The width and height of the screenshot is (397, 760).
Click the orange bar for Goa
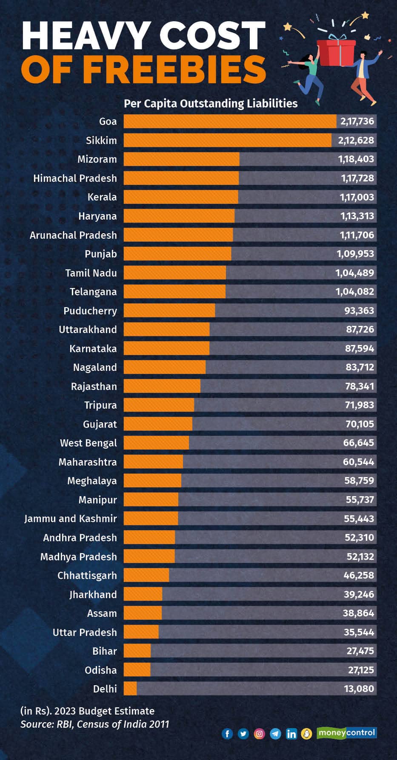pyautogui.click(x=230, y=121)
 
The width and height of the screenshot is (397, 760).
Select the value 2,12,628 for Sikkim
pyautogui.click(x=356, y=140)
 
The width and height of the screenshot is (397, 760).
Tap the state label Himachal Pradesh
pyautogui.click(x=75, y=178)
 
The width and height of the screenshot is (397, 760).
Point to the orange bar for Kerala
pyautogui.click(x=181, y=197)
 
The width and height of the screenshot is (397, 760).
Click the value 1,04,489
pyautogui.click(x=354, y=273)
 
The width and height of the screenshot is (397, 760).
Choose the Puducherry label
pyautogui.click(x=90, y=311)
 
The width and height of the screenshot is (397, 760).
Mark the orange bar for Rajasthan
pyautogui.click(x=162, y=386)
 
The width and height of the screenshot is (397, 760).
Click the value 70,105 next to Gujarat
pyautogui.click(x=359, y=424)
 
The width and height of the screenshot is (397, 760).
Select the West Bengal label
pyautogui.click(x=88, y=443)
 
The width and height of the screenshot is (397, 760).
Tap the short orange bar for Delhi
pyautogui.click(x=130, y=689)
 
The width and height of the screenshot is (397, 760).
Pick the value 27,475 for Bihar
pyautogui.click(x=360, y=651)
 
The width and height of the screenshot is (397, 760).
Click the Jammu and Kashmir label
pyautogui.click(x=70, y=519)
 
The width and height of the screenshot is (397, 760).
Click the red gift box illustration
pyautogui.click(x=336, y=52)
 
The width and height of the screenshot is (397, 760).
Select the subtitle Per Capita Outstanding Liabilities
pyautogui.click(x=210, y=104)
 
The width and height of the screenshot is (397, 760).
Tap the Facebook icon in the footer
pyautogui.click(x=227, y=734)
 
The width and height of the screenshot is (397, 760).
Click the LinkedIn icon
pyautogui.click(x=291, y=734)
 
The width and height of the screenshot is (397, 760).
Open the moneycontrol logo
pyautogui.click(x=346, y=733)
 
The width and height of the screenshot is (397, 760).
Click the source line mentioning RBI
pyautogui.click(x=94, y=724)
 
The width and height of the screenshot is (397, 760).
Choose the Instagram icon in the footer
pyautogui.click(x=260, y=734)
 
